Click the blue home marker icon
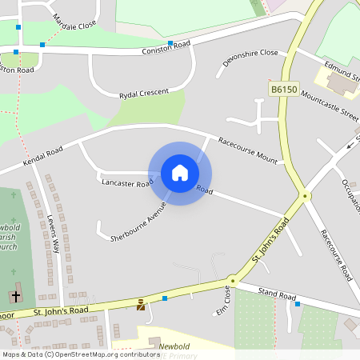180,172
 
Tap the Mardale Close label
74,20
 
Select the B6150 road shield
282,91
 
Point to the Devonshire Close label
250,58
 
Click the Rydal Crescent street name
143,94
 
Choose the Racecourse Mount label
247,150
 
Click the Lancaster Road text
127,183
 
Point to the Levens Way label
54,234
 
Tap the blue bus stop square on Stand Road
298,304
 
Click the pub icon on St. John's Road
142,304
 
